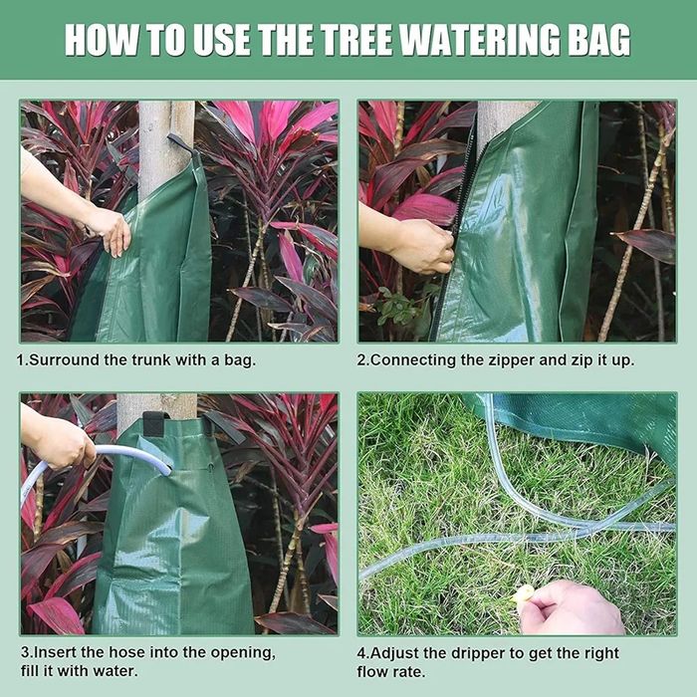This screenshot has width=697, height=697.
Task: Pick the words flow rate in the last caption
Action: point(390,672)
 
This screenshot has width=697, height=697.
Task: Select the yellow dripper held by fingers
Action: point(524,593)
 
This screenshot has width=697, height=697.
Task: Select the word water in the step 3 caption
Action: point(116,671)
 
